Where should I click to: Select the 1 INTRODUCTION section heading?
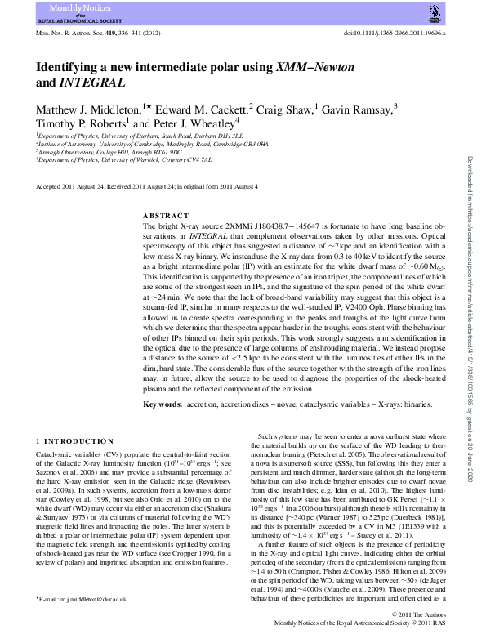[75, 441]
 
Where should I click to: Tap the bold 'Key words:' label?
[163, 404]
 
